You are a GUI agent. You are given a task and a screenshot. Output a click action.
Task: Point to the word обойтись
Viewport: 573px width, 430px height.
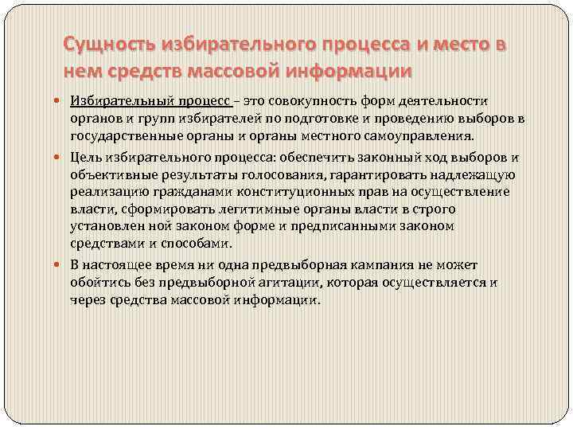(x=98, y=283)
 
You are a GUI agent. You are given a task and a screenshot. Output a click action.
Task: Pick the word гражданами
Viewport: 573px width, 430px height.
(x=177, y=192)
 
